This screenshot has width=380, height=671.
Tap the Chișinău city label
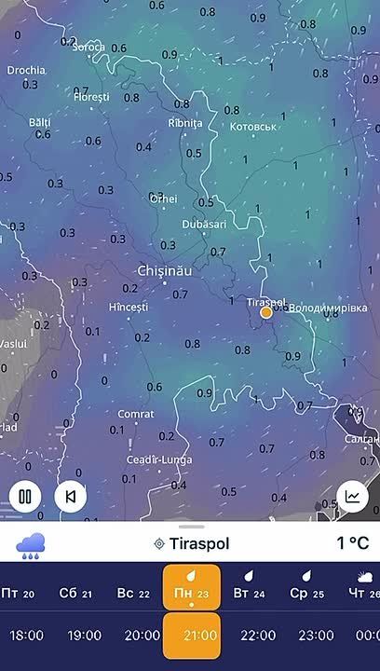click(164, 270)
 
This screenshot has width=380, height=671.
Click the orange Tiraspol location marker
click(266, 312)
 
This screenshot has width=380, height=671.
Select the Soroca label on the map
click(88, 47)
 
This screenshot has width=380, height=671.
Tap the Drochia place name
click(25, 70)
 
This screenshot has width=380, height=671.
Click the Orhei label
click(163, 199)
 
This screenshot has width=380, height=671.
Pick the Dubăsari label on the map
click(203, 225)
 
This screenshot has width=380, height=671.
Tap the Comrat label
click(136, 414)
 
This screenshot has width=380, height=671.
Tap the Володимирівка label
click(328, 308)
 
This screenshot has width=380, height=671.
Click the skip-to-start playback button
click(71, 496)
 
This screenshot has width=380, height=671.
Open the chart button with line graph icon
click(352, 496)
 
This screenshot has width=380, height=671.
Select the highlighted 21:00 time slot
click(191, 636)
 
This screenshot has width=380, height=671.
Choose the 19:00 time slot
click(85, 636)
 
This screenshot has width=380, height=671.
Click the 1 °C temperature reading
click(352, 543)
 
